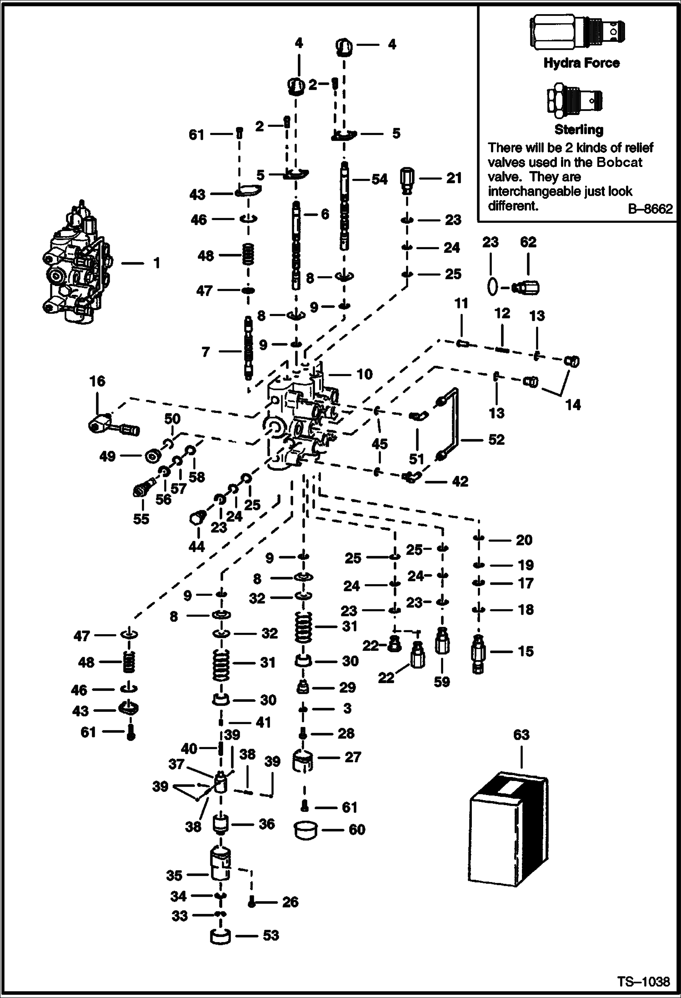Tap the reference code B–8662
pyautogui.click(x=650, y=209)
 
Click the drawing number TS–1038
pyautogui.click(x=643, y=981)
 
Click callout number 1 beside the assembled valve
pyautogui.click(x=156, y=263)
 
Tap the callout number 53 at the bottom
pyautogui.click(x=270, y=935)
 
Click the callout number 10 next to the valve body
pyautogui.click(x=364, y=374)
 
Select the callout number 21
pyautogui.click(x=453, y=178)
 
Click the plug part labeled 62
pyautogui.click(x=526, y=287)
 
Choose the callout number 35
pyautogui.click(x=174, y=875)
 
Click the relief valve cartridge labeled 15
pyautogui.click(x=477, y=653)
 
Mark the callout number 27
pyautogui.click(x=353, y=757)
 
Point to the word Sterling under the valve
pyautogui.click(x=579, y=130)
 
